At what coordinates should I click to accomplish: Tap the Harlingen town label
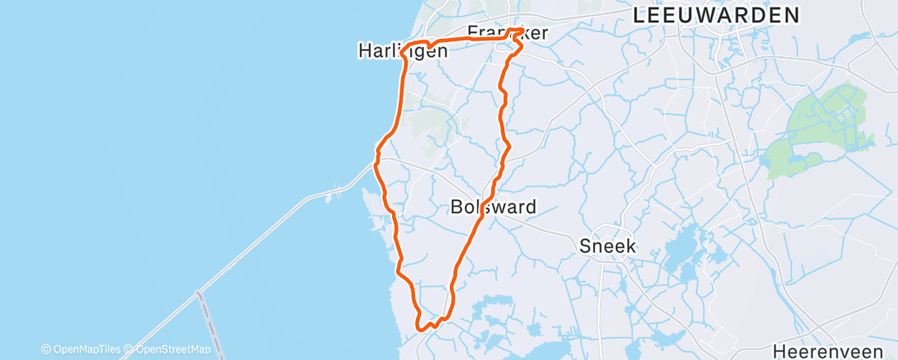tap(403, 51)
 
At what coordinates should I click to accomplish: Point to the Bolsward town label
tap(494, 206)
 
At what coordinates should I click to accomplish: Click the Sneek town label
tap(608, 245)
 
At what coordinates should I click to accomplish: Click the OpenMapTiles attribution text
tap(81, 349)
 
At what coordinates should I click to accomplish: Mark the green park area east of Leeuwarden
tap(817, 128)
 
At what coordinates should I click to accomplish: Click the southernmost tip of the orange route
tap(423, 329)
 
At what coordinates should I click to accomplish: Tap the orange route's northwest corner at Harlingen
tap(406, 46)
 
